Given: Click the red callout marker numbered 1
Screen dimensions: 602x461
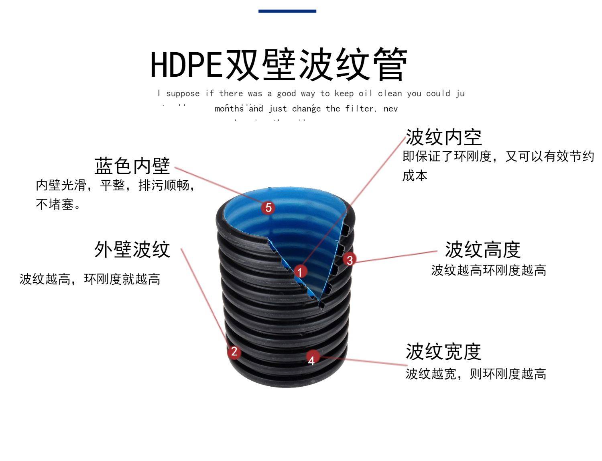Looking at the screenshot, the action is click(x=300, y=272).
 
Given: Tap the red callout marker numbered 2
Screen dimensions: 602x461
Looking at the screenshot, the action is click(x=234, y=352).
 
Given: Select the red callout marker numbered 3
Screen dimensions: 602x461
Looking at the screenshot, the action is click(x=350, y=260).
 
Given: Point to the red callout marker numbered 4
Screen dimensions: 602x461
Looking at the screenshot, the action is click(x=312, y=358).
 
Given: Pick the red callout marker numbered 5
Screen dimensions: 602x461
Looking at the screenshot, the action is click(x=268, y=207).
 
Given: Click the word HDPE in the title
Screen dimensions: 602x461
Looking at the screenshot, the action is click(x=186, y=64).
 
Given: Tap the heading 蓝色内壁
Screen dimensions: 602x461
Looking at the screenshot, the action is click(x=132, y=165).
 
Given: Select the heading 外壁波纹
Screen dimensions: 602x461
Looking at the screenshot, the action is click(x=132, y=249).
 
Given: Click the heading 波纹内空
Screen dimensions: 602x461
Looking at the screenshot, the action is click(x=443, y=137).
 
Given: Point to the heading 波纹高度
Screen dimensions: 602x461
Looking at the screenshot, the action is click(x=482, y=250).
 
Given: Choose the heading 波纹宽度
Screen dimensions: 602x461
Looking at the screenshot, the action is click(x=443, y=352).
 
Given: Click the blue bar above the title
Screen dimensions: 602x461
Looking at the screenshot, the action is click(x=287, y=11).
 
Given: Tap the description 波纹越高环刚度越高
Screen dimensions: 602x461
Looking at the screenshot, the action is click(x=488, y=270).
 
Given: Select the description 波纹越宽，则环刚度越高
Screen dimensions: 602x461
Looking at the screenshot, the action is click(x=476, y=374).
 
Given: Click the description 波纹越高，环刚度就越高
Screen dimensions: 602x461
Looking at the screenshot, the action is click(x=90, y=279).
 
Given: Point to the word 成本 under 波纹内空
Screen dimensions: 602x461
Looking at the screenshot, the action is click(x=415, y=175).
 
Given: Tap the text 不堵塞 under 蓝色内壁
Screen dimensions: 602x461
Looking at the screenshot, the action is click(x=55, y=204).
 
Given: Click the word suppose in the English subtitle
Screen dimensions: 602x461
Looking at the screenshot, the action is click(x=183, y=94).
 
